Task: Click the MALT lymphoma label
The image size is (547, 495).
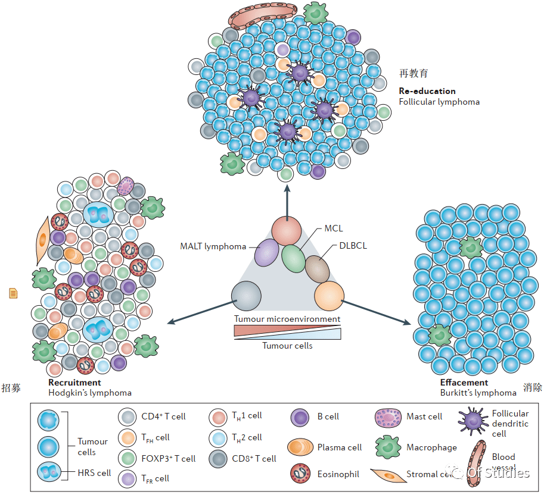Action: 213,246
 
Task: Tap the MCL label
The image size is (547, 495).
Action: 334,228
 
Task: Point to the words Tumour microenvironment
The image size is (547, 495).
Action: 287,319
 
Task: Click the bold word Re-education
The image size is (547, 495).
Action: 427,92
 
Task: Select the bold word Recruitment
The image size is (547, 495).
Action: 74,383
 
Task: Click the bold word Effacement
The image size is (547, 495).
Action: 464,383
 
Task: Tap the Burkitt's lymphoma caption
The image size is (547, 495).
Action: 478,393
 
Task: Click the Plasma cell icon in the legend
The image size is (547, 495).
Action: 301,447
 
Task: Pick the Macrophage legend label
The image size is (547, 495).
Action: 431,447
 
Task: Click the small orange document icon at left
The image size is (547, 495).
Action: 13,293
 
